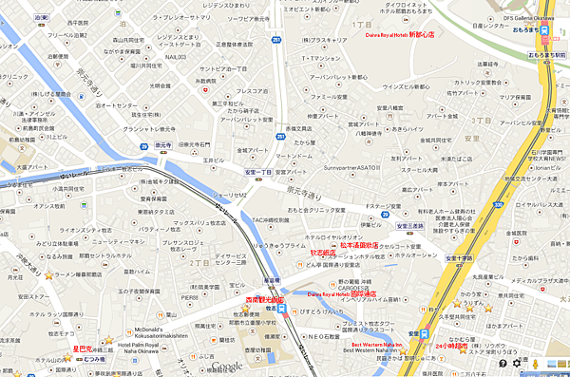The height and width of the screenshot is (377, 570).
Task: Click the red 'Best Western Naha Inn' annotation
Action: coord(377,344)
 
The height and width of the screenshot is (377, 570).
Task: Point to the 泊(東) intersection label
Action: coord(39,17)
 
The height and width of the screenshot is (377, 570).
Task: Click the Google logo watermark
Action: coord(226,368)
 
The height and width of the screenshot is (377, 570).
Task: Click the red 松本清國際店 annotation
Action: coord(358,246)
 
